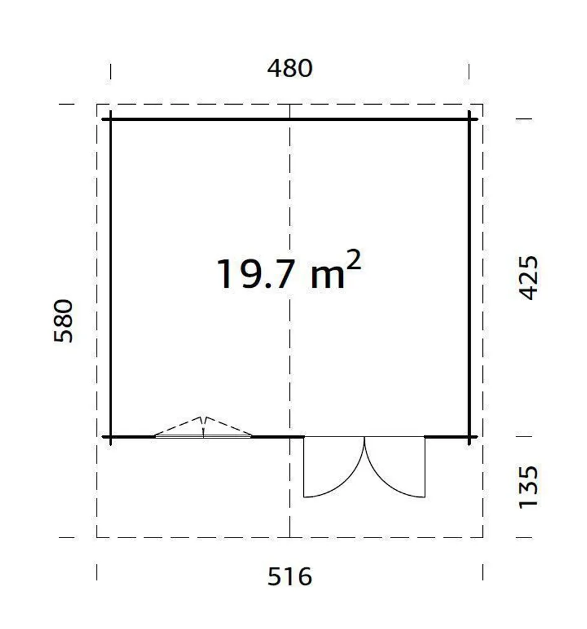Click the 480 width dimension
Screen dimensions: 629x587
[289, 69]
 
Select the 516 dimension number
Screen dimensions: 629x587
[289, 577]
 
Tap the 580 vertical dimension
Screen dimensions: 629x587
[64, 321]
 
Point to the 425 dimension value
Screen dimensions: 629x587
[528, 278]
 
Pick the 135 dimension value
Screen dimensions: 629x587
[528, 486]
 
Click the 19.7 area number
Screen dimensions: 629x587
[254, 275]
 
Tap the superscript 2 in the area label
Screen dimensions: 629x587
[353, 262]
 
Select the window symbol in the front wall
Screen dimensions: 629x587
[204, 428]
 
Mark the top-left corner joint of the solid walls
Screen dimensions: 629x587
[111, 118]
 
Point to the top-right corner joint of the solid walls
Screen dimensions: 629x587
[470, 118]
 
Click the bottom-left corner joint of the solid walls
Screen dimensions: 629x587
[111, 437]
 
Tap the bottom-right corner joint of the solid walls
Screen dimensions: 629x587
[470, 437]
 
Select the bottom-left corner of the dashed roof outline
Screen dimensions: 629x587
[97, 537]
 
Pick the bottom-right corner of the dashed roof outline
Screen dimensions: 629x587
[482, 537]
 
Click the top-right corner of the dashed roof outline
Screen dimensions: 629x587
[482, 105]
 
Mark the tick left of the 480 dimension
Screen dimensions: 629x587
[111, 72]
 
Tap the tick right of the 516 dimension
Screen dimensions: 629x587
[482, 572]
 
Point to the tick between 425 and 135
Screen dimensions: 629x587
[525, 437]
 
